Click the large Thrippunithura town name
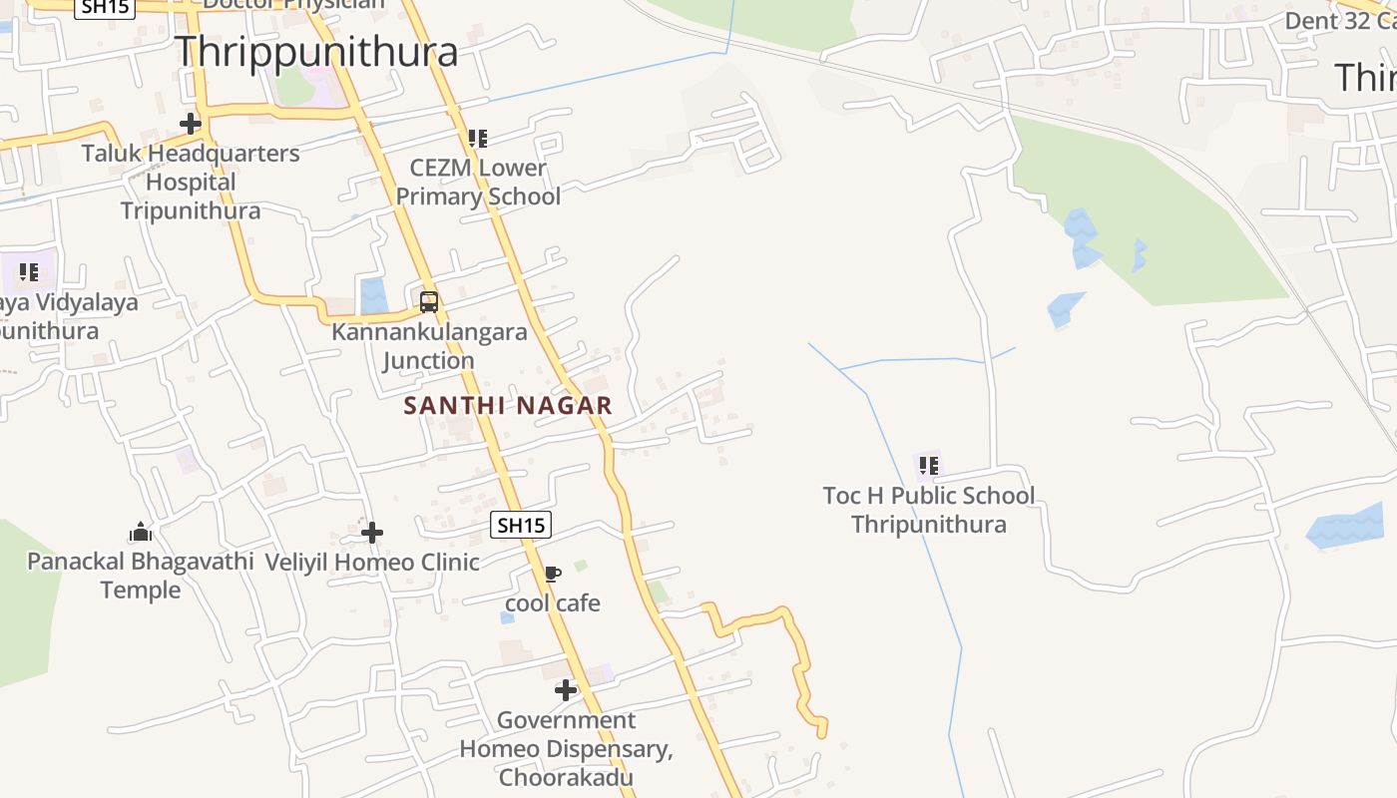coord(316,52)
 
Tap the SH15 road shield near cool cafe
coord(521,525)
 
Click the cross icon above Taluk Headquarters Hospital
coord(190,124)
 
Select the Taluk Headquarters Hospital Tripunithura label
coord(191,183)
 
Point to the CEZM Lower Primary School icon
coord(478,139)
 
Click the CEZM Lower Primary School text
coord(478,183)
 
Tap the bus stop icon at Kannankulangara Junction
coord(429,301)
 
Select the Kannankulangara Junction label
coord(429,346)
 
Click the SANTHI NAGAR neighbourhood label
coord(508,406)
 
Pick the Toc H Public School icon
coord(928,465)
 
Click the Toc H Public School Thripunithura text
coord(928,510)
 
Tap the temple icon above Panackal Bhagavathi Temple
coord(141,532)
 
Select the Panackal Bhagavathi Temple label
coord(141,576)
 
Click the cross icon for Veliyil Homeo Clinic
coord(372,533)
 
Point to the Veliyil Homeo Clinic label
coord(372,563)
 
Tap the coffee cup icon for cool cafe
coord(552,574)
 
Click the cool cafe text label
coord(552,603)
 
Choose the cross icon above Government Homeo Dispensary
coord(566,689)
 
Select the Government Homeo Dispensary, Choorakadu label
coord(566,748)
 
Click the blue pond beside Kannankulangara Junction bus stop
coord(374,296)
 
